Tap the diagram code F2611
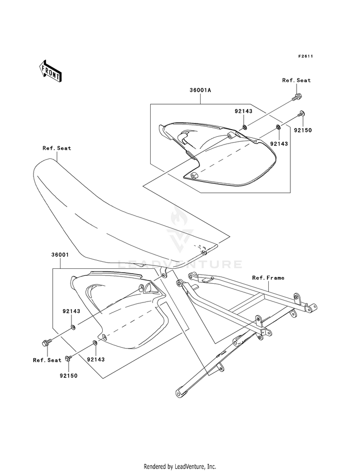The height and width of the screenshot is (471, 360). coord(305,56)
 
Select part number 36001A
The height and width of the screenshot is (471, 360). coord(199,90)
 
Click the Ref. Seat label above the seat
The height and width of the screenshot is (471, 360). coord(56,148)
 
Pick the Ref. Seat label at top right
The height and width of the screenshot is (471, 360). coord(296,80)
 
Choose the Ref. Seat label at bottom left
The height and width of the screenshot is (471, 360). coord(47,360)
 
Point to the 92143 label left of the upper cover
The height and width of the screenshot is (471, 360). coord(244,111)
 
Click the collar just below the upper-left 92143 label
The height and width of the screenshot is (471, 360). coord(244,127)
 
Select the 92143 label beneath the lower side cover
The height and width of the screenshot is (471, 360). coord(96,359)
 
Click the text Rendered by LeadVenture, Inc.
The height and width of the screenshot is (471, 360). coord(180,466)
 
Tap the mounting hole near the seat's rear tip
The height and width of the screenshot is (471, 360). coord(203,251)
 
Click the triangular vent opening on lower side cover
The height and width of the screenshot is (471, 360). coord(148,289)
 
